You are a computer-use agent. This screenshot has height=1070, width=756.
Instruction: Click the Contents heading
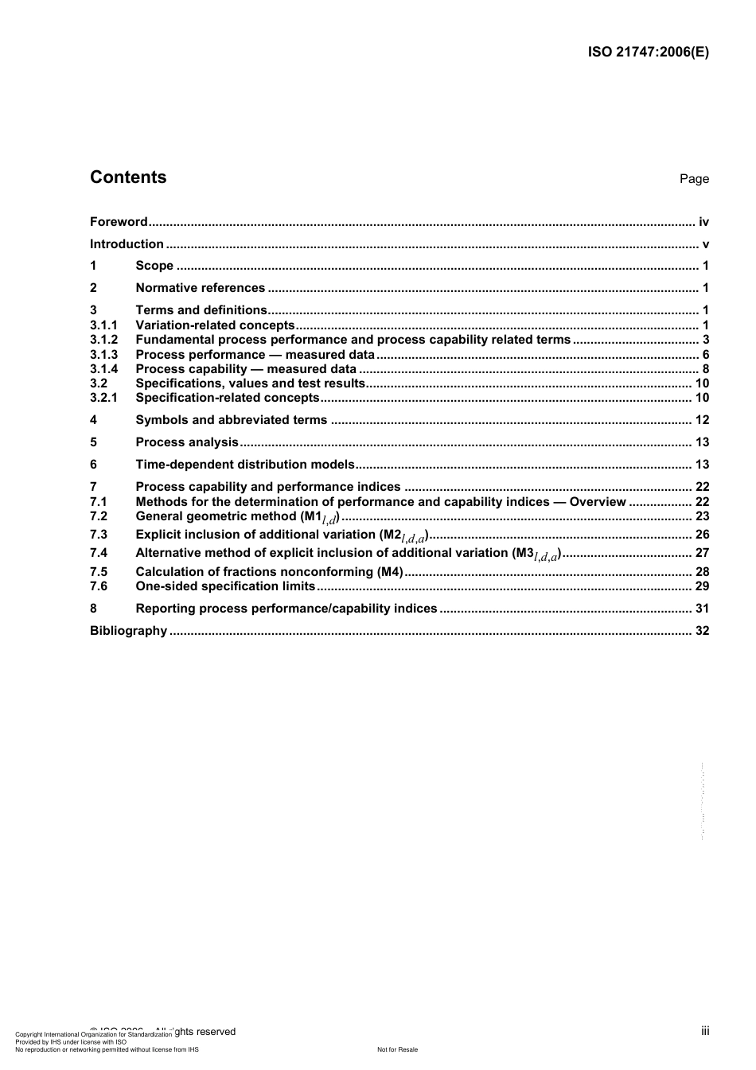pyautogui.click(x=128, y=177)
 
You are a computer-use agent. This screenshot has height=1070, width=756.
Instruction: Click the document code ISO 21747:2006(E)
pyautogui.click(x=648, y=53)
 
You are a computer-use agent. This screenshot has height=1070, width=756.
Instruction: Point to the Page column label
pyautogui.click(x=694, y=179)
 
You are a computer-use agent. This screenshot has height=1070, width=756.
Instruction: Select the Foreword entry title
pyautogui.click(x=119, y=222)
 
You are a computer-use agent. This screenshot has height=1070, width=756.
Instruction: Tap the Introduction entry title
pyautogui.click(x=127, y=244)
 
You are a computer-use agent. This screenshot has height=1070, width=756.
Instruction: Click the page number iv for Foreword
pyautogui.click(x=703, y=222)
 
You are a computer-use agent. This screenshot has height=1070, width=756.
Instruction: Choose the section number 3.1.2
pyautogui.click(x=103, y=340)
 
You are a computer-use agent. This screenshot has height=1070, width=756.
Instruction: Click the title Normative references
pyautogui.click(x=200, y=288)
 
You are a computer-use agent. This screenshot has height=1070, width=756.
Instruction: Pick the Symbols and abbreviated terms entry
pyautogui.click(x=231, y=420)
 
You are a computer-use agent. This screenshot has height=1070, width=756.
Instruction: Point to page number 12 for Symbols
pyautogui.click(x=702, y=420)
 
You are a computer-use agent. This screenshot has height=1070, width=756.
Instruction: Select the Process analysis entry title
pyautogui.click(x=187, y=442)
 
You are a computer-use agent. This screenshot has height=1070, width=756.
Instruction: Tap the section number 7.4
pyautogui.click(x=99, y=553)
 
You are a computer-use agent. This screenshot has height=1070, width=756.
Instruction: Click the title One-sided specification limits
pyautogui.click(x=225, y=586)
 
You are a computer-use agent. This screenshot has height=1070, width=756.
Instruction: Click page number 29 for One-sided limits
pyautogui.click(x=702, y=586)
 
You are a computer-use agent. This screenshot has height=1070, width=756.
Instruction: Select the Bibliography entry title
pyautogui.click(x=128, y=631)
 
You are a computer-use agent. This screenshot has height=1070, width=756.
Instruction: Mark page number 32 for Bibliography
pyautogui.click(x=702, y=631)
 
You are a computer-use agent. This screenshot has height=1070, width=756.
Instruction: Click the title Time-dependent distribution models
pyautogui.click(x=245, y=465)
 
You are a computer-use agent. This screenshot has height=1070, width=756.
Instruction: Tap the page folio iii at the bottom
pyautogui.click(x=705, y=1031)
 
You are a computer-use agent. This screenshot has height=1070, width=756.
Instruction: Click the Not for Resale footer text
pyautogui.click(x=397, y=1049)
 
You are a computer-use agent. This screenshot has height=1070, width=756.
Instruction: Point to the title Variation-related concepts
pyautogui.click(x=215, y=325)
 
